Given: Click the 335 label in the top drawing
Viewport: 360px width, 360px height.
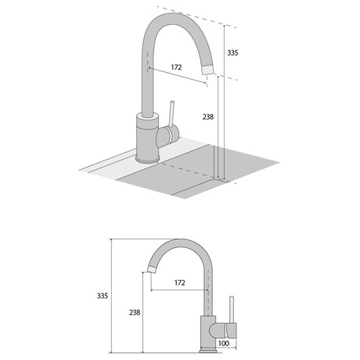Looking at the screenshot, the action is [x=232, y=52].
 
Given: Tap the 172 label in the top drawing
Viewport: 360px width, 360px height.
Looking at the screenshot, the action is [x=176, y=67].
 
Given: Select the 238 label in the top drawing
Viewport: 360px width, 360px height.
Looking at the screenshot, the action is [x=208, y=117].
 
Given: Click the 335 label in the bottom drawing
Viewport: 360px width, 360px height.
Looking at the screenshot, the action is [x=103, y=296].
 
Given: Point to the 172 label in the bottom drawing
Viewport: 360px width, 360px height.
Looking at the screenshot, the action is [x=180, y=283].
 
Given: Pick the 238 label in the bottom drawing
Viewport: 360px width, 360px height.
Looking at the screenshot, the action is [x=135, y=312].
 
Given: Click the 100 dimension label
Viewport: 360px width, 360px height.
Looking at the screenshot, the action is [x=224, y=344].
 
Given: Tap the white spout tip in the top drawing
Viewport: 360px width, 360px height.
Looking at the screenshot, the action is [x=208, y=70].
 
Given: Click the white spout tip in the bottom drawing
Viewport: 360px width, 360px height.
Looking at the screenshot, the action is [x=152, y=269].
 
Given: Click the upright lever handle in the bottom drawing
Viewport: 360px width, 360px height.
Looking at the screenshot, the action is [x=232, y=310].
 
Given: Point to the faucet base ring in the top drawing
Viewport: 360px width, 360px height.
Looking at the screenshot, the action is [x=147, y=160].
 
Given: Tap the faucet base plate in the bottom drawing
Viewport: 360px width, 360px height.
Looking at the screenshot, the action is [x=208, y=350].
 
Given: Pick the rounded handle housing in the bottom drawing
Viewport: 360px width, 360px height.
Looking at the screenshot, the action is [x=218, y=330].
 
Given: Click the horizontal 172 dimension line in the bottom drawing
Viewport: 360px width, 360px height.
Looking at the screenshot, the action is [x=179, y=290].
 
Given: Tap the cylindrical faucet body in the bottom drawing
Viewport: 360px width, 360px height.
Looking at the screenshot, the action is [x=208, y=332].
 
